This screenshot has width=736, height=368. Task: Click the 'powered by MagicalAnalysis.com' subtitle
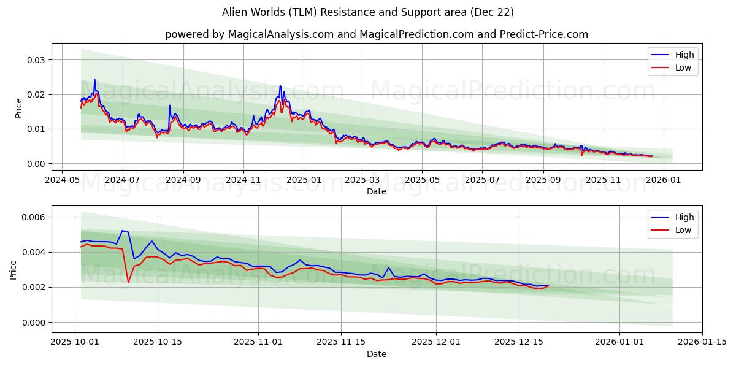pyautogui.click(x=376, y=34)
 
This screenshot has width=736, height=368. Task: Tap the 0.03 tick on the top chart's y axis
pyautogui.click(x=36, y=60)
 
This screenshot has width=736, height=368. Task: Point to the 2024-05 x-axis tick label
pyautogui.click(x=62, y=180)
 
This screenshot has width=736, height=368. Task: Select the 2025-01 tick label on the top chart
pyautogui.click(x=304, y=180)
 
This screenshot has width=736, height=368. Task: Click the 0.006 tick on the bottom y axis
pyautogui.click(x=33, y=217)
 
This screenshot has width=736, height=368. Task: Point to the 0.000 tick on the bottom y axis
pyautogui.click(x=33, y=323)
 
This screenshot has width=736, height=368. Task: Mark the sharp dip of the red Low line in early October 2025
pyautogui.click(x=128, y=282)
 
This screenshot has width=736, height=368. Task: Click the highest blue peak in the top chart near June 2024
pyautogui.click(x=94, y=79)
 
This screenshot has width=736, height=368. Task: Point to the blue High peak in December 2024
pyautogui.click(x=280, y=86)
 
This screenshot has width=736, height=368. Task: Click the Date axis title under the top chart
pyautogui.click(x=376, y=191)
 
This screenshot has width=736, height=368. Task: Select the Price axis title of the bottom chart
pyautogui.click(x=13, y=269)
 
